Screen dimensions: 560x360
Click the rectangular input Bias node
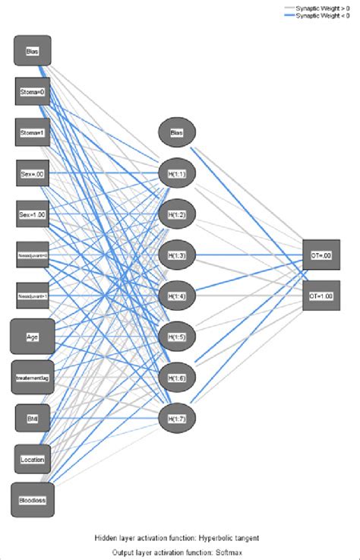point(33,51)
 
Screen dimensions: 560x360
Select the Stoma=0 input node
point(33,92)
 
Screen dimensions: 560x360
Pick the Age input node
point(33,336)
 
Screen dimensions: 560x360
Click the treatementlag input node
point(33,376)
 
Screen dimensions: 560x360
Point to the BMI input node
point(33,417)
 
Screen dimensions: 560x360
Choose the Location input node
point(33,458)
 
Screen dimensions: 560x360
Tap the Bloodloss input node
point(33,499)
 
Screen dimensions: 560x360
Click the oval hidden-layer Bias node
point(177,133)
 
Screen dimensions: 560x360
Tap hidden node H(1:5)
point(177,335)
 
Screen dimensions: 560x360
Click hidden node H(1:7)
point(177,417)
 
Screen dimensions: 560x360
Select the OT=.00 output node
point(321,254)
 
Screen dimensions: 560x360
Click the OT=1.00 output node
point(321,294)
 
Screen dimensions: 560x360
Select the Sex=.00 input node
point(33,173)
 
